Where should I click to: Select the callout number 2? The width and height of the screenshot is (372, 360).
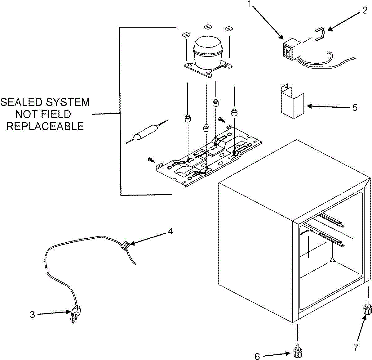[365, 11]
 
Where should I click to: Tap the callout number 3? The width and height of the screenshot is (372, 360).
[33, 314]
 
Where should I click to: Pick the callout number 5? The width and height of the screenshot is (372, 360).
[355, 108]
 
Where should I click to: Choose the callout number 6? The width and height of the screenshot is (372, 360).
[257, 356]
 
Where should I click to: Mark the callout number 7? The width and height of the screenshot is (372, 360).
[355, 348]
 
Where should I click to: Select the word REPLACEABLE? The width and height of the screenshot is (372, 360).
[45, 126]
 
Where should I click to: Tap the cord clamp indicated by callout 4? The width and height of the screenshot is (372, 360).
[124, 245]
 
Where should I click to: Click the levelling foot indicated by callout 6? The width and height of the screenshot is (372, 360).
[298, 352]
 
